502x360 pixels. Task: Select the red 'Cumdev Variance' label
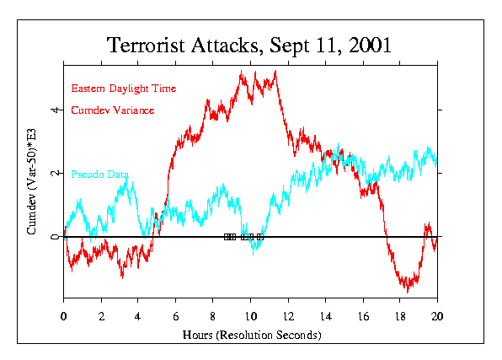[x=112, y=110]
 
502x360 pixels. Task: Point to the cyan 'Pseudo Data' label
[x=100, y=175]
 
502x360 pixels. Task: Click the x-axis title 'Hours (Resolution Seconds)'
[x=251, y=335]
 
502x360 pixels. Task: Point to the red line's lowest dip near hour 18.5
[x=408, y=290]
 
